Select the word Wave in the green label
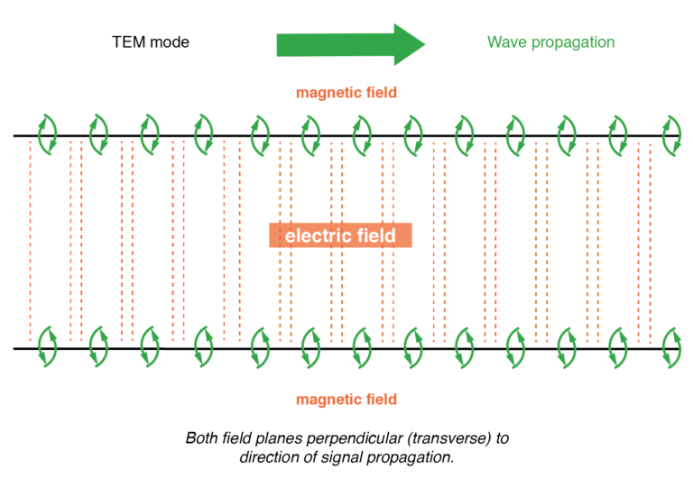pyautogui.click(x=506, y=42)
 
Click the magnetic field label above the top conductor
pyautogui.click(x=346, y=92)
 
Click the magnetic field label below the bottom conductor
pyautogui.click(x=346, y=399)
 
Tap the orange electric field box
pyautogui.click(x=340, y=236)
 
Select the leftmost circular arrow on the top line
pyautogui.click(x=46, y=134)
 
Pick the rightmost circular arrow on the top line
pyautogui.click(x=671, y=134)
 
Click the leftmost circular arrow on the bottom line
pyautogui.click(x=46, y=346)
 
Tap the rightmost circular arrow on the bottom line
pyautogui.click(x=671, y=346)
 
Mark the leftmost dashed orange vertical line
pyautogui.click(x=30, y=239)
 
